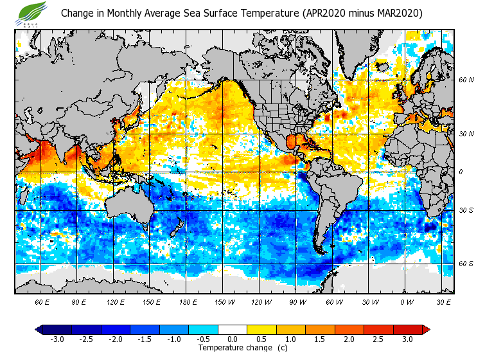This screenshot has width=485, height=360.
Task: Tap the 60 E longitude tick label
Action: pyautogui.click(x=42, y=301)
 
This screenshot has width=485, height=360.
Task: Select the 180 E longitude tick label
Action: pyautogui.click(x=188, y=301)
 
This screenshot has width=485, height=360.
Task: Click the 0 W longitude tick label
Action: pyautogui.click(x=407, y=301)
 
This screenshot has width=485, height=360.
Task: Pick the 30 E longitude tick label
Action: pyautogui.click(x=443, y=301)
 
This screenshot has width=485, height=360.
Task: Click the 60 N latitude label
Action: pyautogui.click(x=466, y=80)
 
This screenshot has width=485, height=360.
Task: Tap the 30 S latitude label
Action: pyautogui.click(x=466, y=210)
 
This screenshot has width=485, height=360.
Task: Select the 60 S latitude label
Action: pyautogui.click(x=466, y=264)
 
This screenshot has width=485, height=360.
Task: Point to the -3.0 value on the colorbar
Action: pyautogui.click(x=57, y=339)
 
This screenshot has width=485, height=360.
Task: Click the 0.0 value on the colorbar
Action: pyautogui.click(x=233, y=339)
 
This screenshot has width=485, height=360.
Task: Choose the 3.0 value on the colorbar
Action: pyautogui.click(x=407, y=339)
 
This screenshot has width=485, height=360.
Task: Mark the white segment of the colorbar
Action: pyautogui.click(x=233, y=329)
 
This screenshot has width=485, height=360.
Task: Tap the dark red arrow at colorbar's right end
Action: pyautogui.click(x=426, y=329)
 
